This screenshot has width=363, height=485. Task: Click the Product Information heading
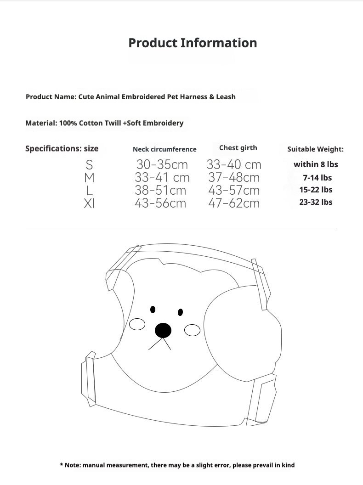tap(193, 43)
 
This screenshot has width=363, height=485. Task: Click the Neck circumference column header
tap(164, 149)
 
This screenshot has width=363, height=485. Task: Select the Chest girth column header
tap(238, 148)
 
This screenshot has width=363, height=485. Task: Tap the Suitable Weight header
tap(315, 149)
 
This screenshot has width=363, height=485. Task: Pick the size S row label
tap(89, 164)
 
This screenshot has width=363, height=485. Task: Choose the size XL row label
tap(89, 203)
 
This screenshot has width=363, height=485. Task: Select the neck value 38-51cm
tap(160, 190)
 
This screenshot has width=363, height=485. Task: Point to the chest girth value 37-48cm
tap(234, 177)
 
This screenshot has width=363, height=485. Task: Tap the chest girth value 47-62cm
tap(234, 203)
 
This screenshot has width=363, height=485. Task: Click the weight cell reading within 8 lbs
tap(316, 164)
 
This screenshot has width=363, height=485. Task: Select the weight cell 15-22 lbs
tap(316, 190)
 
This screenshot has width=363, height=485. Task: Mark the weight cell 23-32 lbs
tap(316, 202)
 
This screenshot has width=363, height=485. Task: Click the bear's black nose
tap(163, 330)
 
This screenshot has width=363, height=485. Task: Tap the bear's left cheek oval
tap(137, 325)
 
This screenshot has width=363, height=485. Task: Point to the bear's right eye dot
tap(180, 312)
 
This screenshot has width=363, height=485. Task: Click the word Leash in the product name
tap(226, 97)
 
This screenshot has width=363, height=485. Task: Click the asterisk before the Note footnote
tap(62, 465)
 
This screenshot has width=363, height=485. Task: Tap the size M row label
tap(89, 177)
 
